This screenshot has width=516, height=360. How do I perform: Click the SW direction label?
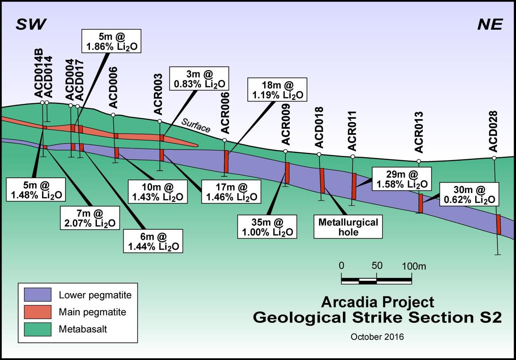click(x=31, y=24)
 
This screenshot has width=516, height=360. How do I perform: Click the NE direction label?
click(x=490, y=24)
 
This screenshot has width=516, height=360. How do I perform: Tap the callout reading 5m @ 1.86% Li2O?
click(x=111, y=41)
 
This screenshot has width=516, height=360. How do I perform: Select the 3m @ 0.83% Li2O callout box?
click(x=199, y=78)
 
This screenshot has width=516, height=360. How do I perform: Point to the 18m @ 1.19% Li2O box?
click(x=277, y=89)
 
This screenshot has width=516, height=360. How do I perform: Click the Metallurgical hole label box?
click(x=348, y=227)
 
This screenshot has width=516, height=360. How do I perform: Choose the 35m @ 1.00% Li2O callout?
click(x=267, y=227)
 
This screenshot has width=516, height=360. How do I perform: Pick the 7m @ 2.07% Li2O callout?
click(x=90, y=218)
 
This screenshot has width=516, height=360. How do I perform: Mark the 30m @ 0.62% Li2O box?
click(x=469, y=194)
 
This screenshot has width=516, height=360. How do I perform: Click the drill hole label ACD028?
click(x=493, y=132)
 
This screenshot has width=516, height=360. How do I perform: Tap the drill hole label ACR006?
click(x=225, y=113)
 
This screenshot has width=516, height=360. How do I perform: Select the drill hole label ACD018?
click(x=319, y=127)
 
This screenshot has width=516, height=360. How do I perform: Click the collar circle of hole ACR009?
click(x=286, y=151)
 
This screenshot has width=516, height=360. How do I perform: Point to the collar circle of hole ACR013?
click(x=419, y=161)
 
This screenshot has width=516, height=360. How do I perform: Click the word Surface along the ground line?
click(x=196, y=126)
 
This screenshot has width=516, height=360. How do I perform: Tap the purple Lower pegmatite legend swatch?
click(x=38, y=294)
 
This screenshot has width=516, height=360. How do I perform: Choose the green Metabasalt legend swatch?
click(x=38, y=329)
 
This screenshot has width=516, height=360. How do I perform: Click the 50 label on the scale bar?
click(x=377, y=266)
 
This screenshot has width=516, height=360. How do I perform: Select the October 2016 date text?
click(x=377, y=337)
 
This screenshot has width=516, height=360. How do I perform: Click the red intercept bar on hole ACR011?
click(x=354, y=186)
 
